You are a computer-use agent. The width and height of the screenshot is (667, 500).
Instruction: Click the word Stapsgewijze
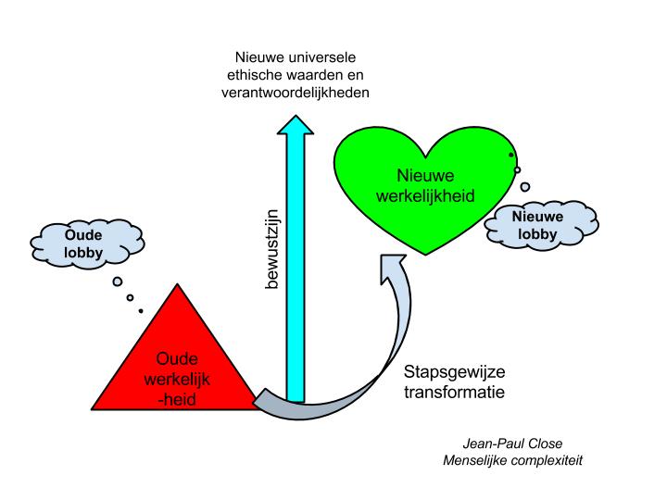454,373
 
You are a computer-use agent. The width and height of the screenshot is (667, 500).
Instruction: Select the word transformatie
454,393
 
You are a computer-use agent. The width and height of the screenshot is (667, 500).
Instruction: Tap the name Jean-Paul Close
512,443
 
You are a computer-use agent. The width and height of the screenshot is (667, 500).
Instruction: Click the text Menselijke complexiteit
512,459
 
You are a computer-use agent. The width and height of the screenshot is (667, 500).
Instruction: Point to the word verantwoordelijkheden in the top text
296,94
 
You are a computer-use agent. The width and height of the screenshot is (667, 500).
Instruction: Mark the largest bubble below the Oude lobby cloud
119,281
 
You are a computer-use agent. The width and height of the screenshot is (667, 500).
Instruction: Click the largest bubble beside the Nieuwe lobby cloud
525,186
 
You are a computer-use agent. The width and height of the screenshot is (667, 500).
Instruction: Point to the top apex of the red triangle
174,283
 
